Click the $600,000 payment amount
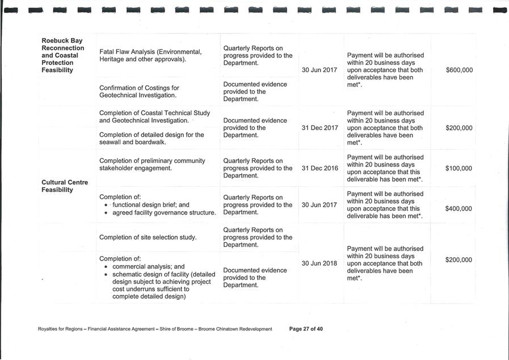click(459, 70)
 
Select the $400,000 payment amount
click(458, 209)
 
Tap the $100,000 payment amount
click(458, 169)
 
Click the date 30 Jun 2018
click(319, 263)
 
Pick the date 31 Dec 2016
click(319, 169)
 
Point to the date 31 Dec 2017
click(319, 128)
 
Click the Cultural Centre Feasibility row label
click(65, 186)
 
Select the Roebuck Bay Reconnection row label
click(62, 56)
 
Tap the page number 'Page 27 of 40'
click(306, 329)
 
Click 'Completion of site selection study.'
click(148, 237)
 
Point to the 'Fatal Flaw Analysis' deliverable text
click(150, 56)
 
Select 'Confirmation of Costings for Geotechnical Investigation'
click(139, 91)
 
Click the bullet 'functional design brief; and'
click(151, 205)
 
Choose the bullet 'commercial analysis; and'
click(149, 266)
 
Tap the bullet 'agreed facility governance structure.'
click(164, 213)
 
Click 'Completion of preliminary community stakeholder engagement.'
click(152, 165)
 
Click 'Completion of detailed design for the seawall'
click(152, 139)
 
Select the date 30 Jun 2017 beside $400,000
click(319, 205)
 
